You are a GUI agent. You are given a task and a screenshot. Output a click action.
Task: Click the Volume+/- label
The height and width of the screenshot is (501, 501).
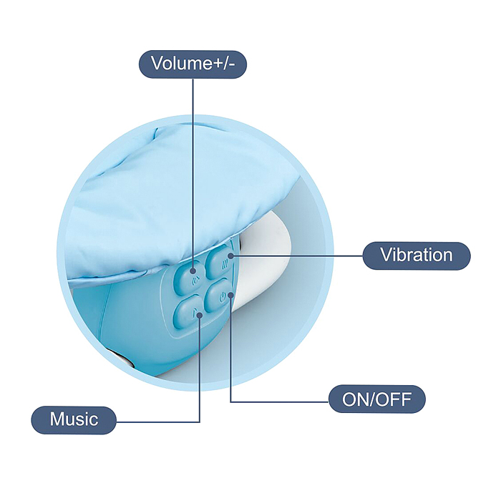tap(193, 64)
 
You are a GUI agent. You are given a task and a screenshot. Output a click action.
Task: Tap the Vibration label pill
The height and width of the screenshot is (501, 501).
tap(417, 256)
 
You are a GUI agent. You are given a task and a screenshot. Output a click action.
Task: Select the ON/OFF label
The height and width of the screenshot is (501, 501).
tap(377, 399)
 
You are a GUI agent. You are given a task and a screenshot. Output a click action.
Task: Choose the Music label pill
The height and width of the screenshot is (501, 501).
tap(74, 420)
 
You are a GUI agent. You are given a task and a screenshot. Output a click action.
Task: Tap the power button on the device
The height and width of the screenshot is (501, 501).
tap(220, 296)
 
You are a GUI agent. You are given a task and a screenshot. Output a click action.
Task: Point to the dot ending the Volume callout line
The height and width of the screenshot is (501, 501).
tap(193, 271)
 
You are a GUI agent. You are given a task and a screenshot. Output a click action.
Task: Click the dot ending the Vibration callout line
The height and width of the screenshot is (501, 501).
tap(231, 256)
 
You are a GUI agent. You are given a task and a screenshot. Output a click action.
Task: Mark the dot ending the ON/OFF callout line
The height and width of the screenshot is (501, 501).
tap(230, 294)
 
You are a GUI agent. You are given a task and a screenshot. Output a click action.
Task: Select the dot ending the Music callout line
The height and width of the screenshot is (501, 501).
tap(200, 316)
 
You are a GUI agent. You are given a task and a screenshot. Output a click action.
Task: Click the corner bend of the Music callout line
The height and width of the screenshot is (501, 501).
tap(200, 422)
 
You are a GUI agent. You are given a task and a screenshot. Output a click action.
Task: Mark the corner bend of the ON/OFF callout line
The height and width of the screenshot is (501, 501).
tap(230, 402)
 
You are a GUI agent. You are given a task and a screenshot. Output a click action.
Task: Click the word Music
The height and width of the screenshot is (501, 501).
tap(74, 419)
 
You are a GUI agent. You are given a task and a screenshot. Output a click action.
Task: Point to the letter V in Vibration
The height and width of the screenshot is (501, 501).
tap(386, 255)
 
